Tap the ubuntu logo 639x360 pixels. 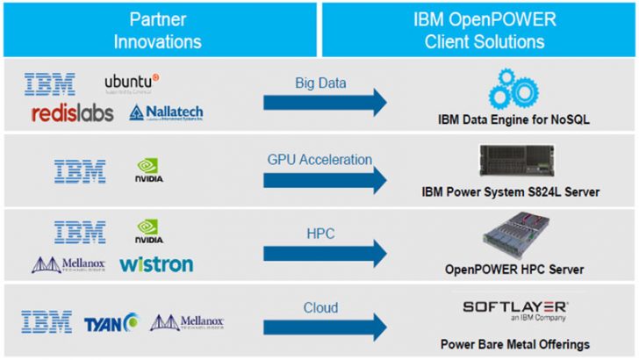click(132, 83)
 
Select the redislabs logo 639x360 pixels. click(73, 112)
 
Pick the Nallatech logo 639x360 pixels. click(167, 112)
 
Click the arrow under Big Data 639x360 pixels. click(326, 103)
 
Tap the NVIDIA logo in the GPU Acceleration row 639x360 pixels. click(148, 170)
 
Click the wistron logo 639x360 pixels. click(156, 264)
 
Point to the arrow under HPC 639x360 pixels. click(326, 254)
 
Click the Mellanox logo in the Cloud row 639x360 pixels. click(187, 323)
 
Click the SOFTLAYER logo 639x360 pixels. click(515, 309)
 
